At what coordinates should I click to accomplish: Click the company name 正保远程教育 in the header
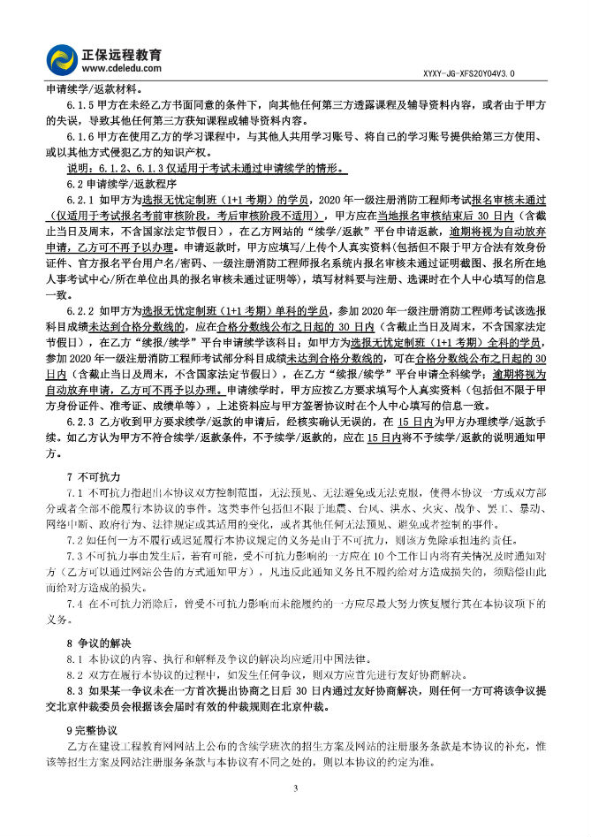[x=123, y=50]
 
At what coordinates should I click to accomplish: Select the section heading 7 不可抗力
[x=96, y=476]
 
